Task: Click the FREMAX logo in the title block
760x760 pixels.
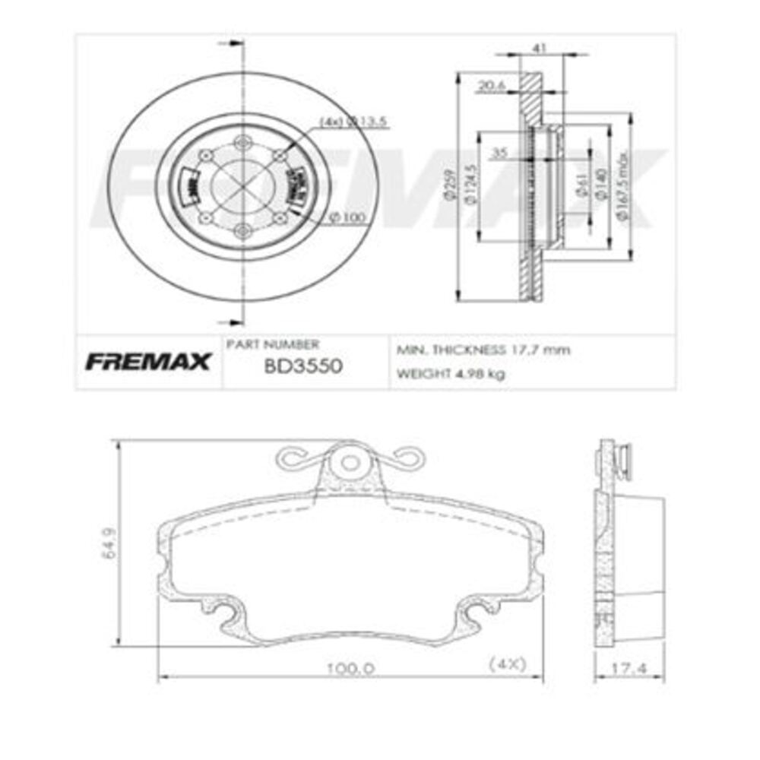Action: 147,363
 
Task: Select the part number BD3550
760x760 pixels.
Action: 303,366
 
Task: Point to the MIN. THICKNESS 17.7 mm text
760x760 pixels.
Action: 483,350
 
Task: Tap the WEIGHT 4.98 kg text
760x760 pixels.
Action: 451,374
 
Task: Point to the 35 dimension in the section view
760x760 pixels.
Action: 499,153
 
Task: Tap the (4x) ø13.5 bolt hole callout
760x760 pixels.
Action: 341,121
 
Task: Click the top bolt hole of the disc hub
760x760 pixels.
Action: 242,142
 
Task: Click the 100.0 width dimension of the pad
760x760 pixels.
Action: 350,668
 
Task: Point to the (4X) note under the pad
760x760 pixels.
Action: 507,663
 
